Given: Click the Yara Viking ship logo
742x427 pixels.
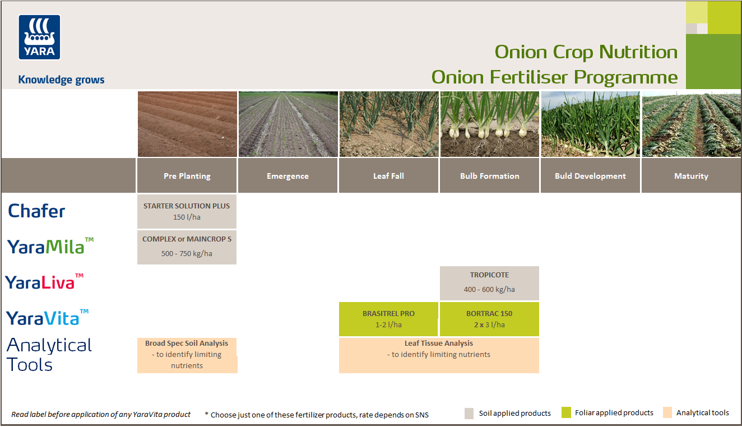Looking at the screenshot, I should click(39, 37).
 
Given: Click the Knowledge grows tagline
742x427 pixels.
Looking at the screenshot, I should click(61, 80).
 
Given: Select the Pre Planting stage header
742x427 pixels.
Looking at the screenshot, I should click(187, 176).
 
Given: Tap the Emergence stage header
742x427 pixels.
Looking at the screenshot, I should click(287, 176).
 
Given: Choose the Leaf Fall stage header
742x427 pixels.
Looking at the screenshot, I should click(388, 176).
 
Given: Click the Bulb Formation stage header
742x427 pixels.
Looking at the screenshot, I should click(489, 176).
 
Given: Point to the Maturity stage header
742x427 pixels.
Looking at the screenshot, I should click(691, 176).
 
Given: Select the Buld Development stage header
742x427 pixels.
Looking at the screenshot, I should click(590, 176).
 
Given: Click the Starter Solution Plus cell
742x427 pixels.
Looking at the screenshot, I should click(187, 211).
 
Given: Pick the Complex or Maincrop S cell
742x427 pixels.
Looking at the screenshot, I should click(187, 247).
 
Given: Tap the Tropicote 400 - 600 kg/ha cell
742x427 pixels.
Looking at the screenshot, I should click(489, 283).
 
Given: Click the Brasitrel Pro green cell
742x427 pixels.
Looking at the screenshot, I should click(388, 319).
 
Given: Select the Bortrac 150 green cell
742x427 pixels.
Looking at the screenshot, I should click(489, 319).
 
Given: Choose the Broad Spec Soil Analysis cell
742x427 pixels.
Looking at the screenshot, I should click(187, 355).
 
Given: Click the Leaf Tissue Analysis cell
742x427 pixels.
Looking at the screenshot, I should click(439, 355).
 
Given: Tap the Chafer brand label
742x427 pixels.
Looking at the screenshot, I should click(36, 211).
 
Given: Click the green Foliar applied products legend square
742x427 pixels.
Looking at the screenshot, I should click(566, 413).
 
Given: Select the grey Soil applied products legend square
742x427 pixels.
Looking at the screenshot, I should click(470, 414).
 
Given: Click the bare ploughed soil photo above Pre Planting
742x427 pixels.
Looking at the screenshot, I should click(187, 124).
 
